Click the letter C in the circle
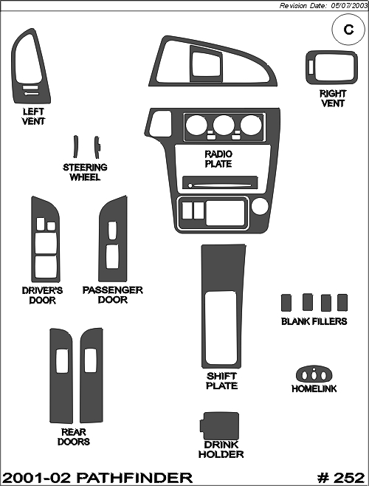(x=348, y=30)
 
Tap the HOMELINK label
(x=314, y=389)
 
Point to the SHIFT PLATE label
(x=222, y=381)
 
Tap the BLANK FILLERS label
(x=314, y=321)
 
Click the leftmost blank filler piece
(x=286, y=303)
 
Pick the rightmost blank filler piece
(x=342, y=303)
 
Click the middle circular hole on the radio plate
(x=224, y=125)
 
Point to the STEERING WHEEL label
(x=85, y=172)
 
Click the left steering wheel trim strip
(x=75, y=146)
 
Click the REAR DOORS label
(x=73, y=437)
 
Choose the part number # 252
(x=341, y=477)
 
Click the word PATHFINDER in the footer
(x=134, y=477)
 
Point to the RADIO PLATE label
(x=218, y=159)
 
